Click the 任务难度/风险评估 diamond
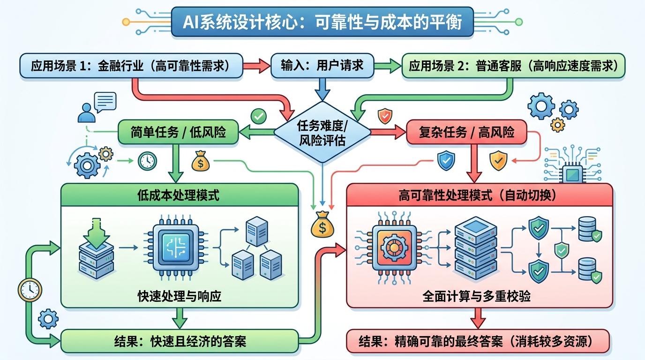[322, 133]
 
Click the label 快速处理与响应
[179, 296]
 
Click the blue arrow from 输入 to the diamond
[322, 90]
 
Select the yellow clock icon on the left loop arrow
[29, 289]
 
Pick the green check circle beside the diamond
[258, 115]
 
